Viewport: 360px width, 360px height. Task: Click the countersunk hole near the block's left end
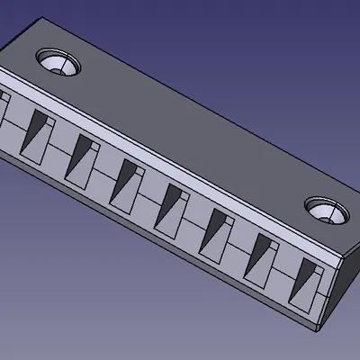pos(58,63)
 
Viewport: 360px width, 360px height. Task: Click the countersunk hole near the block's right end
pos(326,210)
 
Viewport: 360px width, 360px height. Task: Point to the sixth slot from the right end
pos(83,154)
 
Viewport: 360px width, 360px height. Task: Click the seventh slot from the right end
pos(39,131)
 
